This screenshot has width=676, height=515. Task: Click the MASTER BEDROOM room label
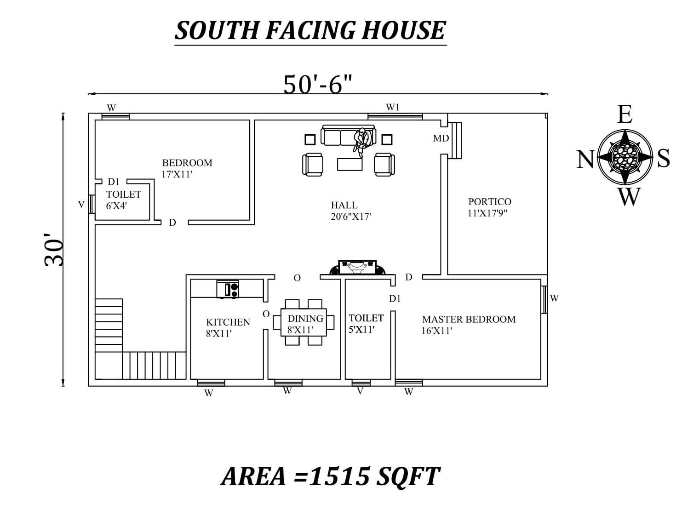pyautogui.click(x=469, y=319)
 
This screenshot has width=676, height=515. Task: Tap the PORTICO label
pyautogui.click(x=489, y=201)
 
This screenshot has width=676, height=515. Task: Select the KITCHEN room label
pyautogui.click(x=228, y=322)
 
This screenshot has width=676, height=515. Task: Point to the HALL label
pyautogui.click(x=344, y=205)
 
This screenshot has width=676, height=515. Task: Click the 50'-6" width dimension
pyautogui.click(x=318, y=84)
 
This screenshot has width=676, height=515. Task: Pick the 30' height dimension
pyautogui.click(x=55, y=250)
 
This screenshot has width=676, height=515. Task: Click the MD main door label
pyautogui.click(x=441, y=138)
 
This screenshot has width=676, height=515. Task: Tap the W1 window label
pyautogui.click(x=392, y=107)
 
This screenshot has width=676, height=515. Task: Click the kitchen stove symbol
pyautogui.click(x=228, y=289)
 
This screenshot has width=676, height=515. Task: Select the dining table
pyautogui.click(x=304, y=322)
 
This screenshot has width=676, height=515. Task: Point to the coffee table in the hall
pyautogui.click(x=349, y=164)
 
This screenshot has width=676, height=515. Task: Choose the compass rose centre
pyautogui.click(x=625, y=157)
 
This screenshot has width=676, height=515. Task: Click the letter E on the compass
pyautogui.click(x=624, y=114)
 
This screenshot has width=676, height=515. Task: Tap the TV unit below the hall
pyautogui.click(x=357, y=267)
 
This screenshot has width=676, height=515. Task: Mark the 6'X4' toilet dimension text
pyautogui.click(x=116, y=206)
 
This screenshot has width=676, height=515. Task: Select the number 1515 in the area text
pyautogui.click(x=339, y=476)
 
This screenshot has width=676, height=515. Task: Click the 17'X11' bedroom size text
pyautogui.click(x=177, y=174)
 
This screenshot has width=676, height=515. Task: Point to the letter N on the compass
pyautogui.click(x=585, y=160)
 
